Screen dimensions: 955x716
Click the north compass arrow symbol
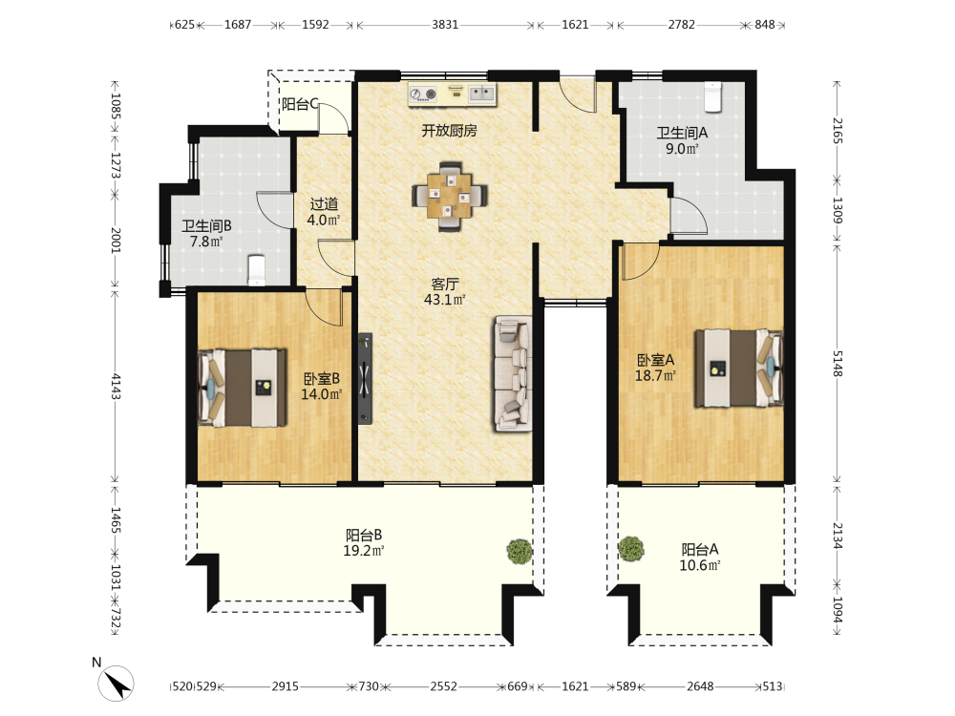(x=116, y=684)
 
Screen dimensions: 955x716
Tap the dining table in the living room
(x=450, y=196)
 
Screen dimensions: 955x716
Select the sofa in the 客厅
(x=513, y=373)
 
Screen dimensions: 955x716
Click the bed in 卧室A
(x=739, y=369)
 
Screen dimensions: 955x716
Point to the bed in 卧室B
(x=243, y=388)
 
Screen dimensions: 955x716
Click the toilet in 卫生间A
(x=712, y=96)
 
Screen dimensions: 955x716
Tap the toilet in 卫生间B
(x=257, y=270)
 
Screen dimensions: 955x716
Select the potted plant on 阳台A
(x=631, y=549)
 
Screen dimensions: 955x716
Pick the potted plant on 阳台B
(x=520, y=552)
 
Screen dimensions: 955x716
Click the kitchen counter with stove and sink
(x=453, y=95)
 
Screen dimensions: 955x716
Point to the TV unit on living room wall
(x=365, y=378)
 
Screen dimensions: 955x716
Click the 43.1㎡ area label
(x=445, y=300)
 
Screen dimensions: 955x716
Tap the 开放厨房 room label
(x=450, y=130)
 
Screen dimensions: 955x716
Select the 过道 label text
(x=324, y=204)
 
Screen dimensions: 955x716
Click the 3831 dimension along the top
(x=445, y=25)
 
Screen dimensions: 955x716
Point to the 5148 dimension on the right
(x=838, y=364)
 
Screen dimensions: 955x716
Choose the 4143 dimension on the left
(x=116, y=387)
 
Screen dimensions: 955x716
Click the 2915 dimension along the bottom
(x=285, y=686)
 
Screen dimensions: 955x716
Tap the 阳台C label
(x=300, y=105)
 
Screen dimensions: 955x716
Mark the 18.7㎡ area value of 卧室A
(x=655, y=375)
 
